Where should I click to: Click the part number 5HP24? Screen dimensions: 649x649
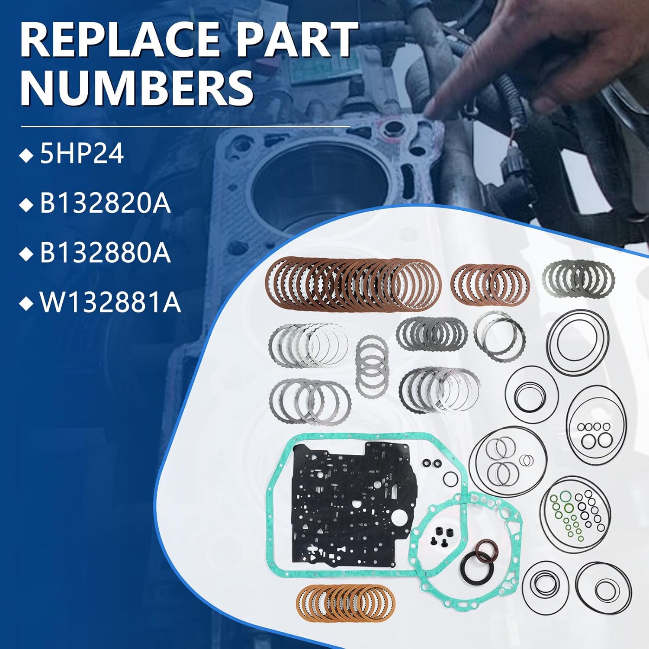click(82, 154)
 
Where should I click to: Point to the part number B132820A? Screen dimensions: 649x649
click(105, 204)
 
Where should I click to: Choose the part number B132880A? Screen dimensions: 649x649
click(105, 253)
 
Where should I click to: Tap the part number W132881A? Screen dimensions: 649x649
click(110, 303)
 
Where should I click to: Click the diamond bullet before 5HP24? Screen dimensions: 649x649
click(27, 156)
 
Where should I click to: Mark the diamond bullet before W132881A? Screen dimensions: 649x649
click(27, 304)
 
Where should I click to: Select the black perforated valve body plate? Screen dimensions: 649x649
click(350, 502)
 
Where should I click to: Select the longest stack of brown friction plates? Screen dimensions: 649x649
click(353, 284)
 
